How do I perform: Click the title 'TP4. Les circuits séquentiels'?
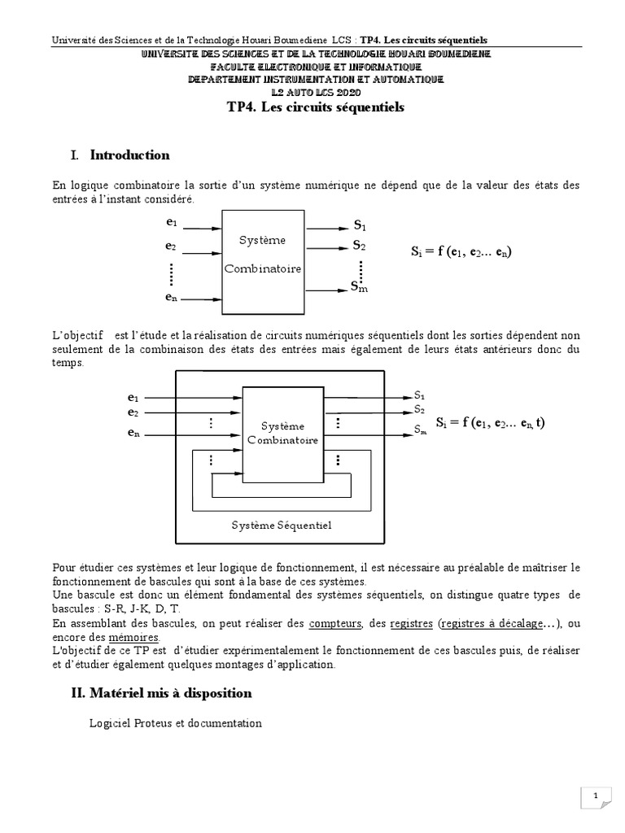315,107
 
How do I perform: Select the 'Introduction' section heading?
129,155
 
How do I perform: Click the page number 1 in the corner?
596,795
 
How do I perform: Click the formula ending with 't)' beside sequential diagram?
492,424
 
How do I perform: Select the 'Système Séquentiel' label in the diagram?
280,525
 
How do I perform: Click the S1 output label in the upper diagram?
360,225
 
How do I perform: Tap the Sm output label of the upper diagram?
359,286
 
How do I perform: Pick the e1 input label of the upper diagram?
171,222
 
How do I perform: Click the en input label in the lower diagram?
133,434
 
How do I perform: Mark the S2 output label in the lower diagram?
419,409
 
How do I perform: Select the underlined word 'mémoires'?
137,637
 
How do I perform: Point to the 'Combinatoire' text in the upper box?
263,268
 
